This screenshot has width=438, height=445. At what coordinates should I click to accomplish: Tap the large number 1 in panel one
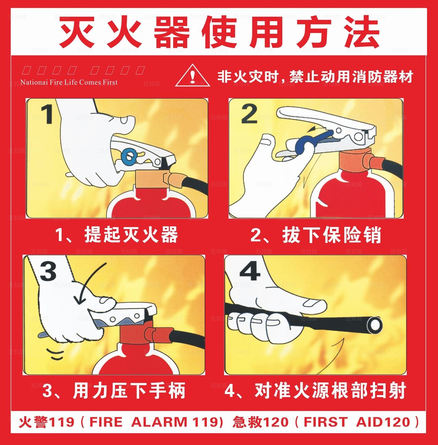coord(47,114)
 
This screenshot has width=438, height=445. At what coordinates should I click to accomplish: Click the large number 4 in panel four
coord(249,272)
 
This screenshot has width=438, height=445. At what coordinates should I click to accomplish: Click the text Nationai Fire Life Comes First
coord(69,82)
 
